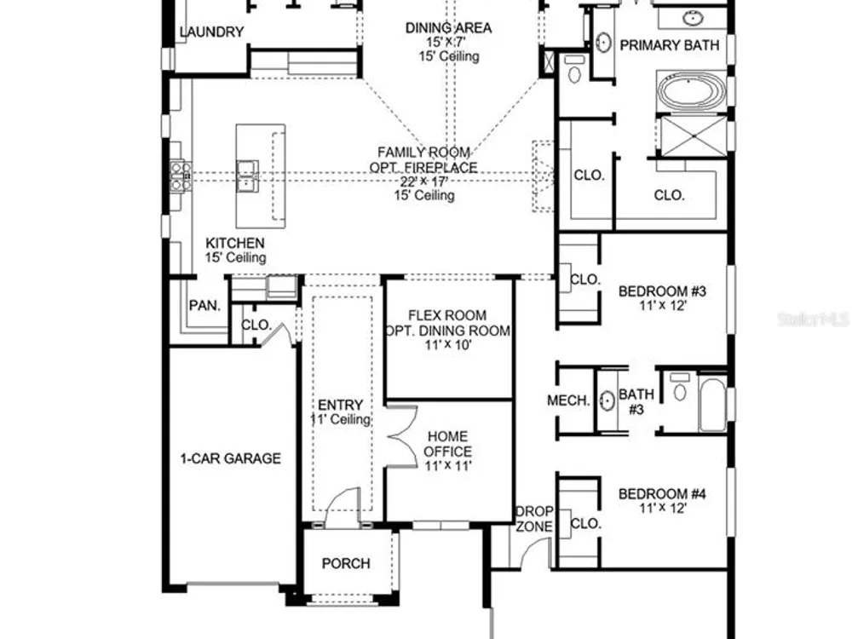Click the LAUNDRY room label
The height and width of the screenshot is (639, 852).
coord(211,32)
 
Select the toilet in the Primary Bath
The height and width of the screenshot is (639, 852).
coord(574,68)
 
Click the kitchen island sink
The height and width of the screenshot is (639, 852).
coord(247,176)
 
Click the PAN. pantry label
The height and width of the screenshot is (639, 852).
coord(204,306)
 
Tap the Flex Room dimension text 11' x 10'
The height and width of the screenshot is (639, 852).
coord(448,344)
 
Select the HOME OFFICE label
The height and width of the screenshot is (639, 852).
coord(448,444)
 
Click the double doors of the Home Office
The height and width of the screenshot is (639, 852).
coord(401,435)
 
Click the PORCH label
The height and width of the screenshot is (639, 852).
coord(346,563)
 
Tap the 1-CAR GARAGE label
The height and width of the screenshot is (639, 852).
coord(230,458)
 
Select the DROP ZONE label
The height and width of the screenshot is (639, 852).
coord(534,519)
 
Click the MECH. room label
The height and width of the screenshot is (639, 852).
coord(568,400)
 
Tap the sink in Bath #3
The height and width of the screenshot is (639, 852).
coord(607,401)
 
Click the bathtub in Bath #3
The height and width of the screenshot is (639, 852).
coord(711,404)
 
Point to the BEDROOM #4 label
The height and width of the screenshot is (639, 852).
coord(662,494)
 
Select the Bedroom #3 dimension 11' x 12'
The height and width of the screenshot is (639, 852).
coord(663,305)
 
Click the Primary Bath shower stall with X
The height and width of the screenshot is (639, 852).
coord(691,135)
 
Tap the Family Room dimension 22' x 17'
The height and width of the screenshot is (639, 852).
coord(424,181)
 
